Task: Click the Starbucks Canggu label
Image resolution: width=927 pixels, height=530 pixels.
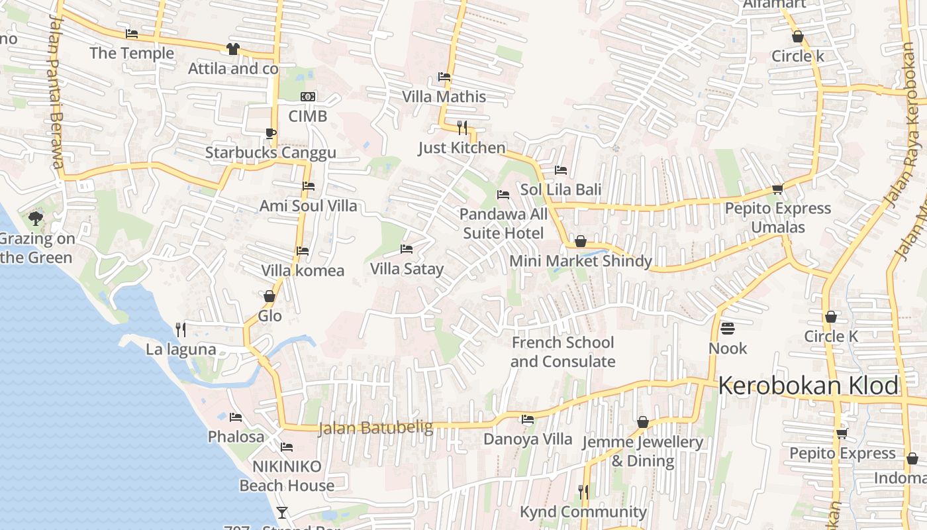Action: (270, 153)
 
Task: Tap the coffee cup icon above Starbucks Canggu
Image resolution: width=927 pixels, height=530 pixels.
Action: (270, 133)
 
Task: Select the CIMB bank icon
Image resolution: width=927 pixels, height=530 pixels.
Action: (307, 97)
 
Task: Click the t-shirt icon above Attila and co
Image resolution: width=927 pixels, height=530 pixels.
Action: (232, 48)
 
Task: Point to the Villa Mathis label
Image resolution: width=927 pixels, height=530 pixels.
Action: (444, 97)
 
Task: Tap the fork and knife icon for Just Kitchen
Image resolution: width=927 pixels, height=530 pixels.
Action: (462, 127)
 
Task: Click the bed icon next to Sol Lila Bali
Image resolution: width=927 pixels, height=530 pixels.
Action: (561, 170)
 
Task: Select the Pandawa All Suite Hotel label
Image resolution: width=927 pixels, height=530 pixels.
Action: (503, 223)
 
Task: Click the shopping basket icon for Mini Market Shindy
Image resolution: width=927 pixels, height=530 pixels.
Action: (581, 241)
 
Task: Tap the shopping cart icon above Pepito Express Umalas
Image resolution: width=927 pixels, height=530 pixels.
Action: (777, 189)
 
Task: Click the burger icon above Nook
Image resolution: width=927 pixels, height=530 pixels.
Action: (727, 329)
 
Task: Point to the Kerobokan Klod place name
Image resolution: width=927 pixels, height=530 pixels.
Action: (808, 386)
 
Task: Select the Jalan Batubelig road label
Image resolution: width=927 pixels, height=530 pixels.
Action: (375, 428)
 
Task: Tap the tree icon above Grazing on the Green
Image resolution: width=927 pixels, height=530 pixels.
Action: (36, 218)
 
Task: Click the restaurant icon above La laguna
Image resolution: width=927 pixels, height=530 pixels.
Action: (180, 329)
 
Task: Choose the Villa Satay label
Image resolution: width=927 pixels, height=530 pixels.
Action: (407, 269)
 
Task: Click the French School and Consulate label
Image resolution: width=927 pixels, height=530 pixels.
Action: (563, 352)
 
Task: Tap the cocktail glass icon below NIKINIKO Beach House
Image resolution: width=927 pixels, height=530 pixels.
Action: (282, 512)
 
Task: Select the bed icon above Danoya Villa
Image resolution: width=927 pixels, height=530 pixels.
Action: (528, 419)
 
